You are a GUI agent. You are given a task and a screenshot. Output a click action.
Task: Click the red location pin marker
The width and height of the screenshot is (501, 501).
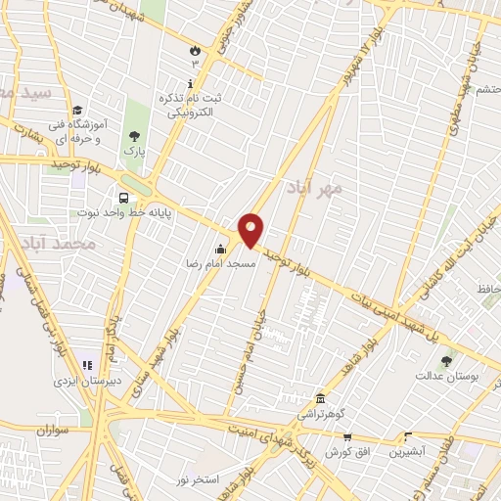coord(252,230)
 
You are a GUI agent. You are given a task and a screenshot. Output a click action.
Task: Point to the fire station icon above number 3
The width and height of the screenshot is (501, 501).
coord(194,49)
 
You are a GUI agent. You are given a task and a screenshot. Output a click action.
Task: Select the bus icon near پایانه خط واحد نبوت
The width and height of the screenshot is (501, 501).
coord(122,196)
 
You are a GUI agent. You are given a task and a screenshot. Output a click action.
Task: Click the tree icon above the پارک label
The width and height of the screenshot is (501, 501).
coord(134,137)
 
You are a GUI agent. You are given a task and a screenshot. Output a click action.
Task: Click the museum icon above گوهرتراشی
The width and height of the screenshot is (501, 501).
coord(322,398)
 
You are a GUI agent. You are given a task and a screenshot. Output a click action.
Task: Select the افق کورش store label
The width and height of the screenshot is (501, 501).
coord(338,451)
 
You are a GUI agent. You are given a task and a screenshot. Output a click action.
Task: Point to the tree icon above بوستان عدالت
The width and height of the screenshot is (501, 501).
coord(447,360)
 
